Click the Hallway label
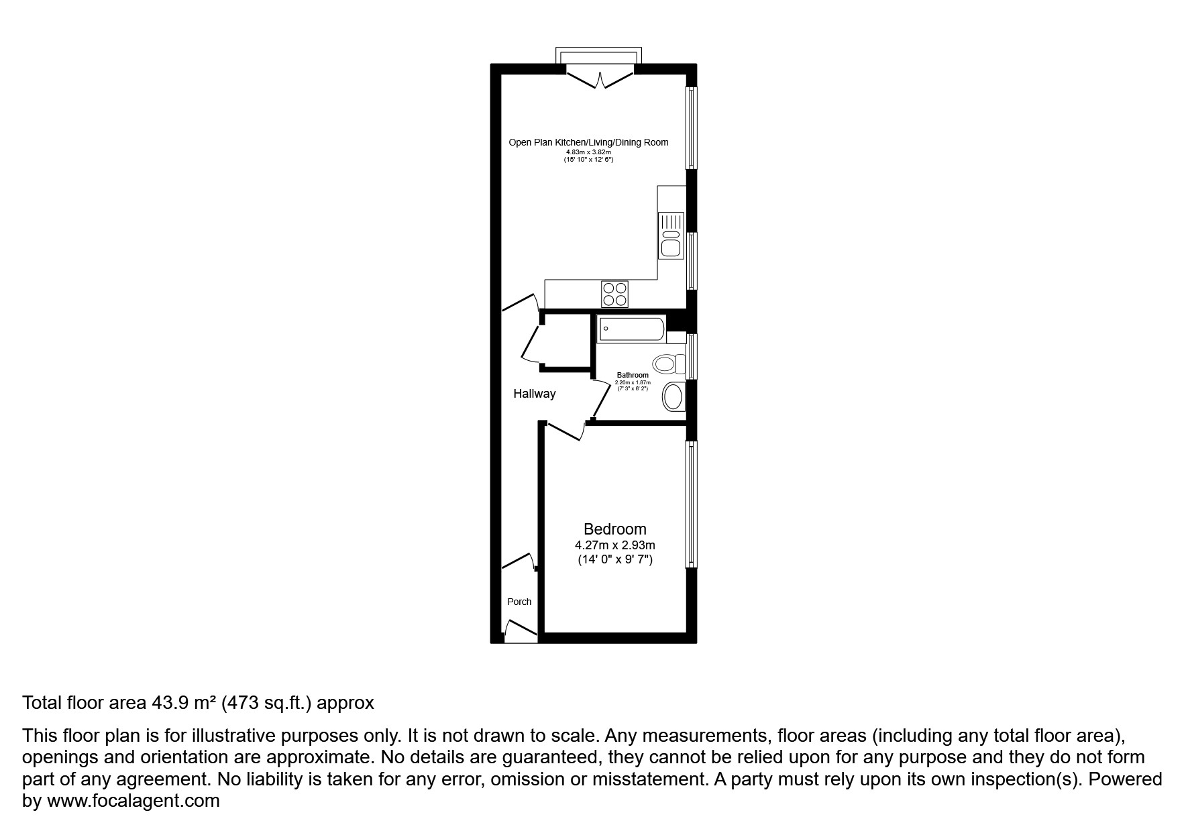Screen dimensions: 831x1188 (534, 394)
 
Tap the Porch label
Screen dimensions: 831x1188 (519, 602)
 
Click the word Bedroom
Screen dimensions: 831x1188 (614, 529)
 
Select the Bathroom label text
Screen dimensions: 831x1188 (633, 375)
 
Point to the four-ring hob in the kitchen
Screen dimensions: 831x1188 (614, 294)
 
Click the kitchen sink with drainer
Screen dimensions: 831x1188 (671, 235)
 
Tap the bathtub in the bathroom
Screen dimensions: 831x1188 (631, 329)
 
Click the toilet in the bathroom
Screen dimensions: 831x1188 (667, 364)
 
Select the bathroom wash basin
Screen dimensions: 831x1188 (673, 396)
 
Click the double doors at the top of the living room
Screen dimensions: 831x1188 (600, 78)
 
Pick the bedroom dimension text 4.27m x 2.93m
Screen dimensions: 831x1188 (614, 545)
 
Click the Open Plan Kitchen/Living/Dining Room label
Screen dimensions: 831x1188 (588, 142)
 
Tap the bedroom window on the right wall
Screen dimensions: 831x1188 (691, 504)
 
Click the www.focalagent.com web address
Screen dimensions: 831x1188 (133, 800)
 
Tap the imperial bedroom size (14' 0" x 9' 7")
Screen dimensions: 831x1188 (614, 559)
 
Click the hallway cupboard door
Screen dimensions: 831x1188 (533, 345)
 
